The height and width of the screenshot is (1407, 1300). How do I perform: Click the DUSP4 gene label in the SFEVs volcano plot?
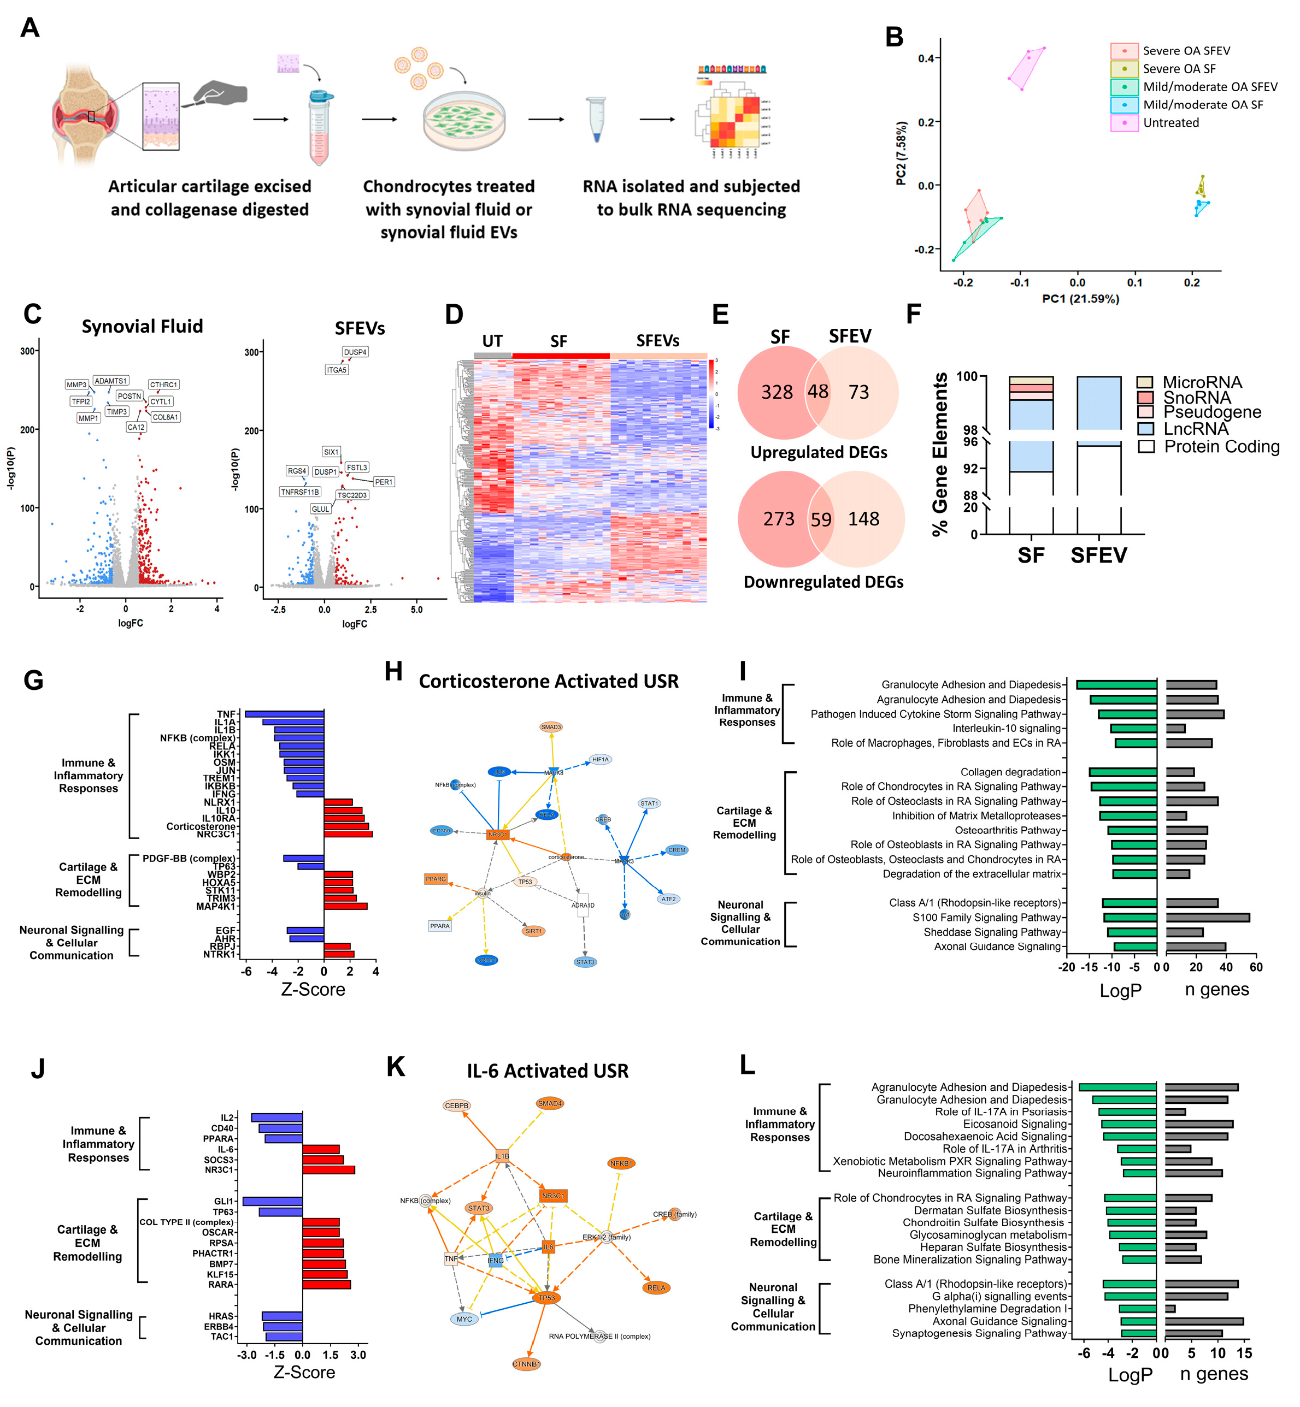355,352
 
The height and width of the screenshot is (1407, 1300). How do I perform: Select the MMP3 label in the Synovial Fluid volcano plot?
76,385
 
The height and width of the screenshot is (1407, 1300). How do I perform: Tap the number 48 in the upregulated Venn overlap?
817,391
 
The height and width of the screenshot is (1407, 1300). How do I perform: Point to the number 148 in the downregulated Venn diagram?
863,519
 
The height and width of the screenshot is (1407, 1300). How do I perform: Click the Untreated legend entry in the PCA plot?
1170,123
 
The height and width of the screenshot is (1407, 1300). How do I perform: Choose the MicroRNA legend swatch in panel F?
1144,382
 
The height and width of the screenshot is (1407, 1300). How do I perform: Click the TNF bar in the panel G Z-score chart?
284,714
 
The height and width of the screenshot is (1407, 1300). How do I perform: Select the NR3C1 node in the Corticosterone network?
497,835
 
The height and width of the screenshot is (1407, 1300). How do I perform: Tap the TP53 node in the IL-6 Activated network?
546,1298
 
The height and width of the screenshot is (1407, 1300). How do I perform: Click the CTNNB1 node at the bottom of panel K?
526,1364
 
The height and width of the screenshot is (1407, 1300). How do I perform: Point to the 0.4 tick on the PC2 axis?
926,58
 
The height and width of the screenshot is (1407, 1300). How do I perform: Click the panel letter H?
393,671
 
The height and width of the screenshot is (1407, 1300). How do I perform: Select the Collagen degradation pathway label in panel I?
1010,772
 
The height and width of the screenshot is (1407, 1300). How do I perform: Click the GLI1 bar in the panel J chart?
272,1202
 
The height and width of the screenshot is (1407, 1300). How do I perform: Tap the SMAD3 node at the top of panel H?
551,727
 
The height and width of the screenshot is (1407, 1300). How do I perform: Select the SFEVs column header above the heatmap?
658,341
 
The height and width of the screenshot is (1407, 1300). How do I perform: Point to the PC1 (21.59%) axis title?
1080,299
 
